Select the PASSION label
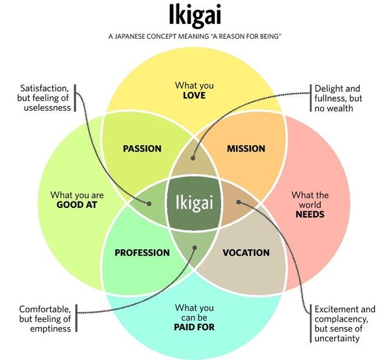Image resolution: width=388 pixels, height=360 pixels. (x=142, y=148)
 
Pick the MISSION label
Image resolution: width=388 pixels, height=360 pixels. (x=246, y=148)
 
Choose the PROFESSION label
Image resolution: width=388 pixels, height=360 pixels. (x=142, y=253)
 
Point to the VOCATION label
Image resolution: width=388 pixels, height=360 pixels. (x=246, y=253)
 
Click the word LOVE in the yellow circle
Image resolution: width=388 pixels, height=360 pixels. (x=194, y=96)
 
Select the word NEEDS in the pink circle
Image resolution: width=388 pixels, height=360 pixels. (x=310, y=214)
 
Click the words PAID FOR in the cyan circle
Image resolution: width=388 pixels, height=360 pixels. (x=194, y=327)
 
